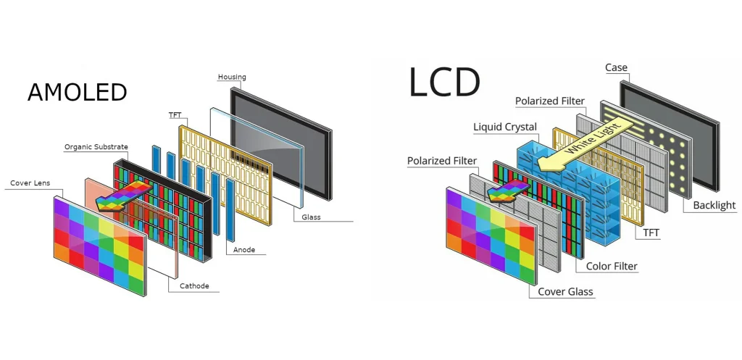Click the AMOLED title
coord(77,93)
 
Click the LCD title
coord(444,82)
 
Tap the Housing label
coord(232,77)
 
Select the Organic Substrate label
coord(96,147)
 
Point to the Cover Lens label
coord(30,183)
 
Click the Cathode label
coord(193,286)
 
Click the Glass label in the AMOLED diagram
coord(311,217)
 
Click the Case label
coord(616,68)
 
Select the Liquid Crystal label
coord(505,127)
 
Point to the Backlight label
coord(714,206)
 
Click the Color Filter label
coord(612,267)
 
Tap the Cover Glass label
coord(565,292)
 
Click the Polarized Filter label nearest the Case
coord(549,101)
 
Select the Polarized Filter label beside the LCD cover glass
coord(441,161)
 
